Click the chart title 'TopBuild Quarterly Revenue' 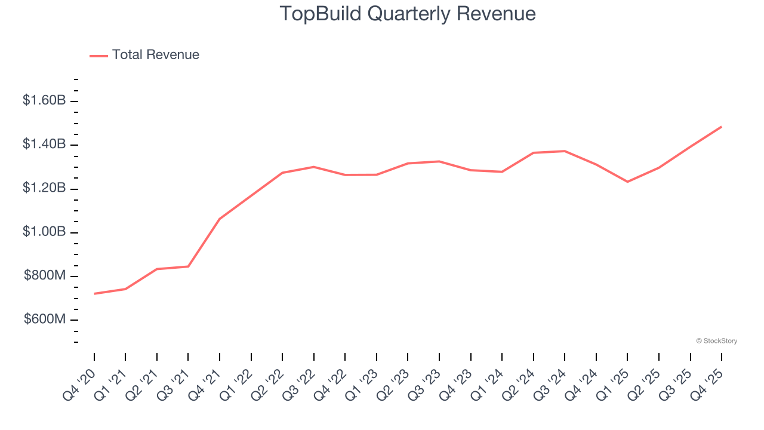408,14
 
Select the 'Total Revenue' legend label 155,55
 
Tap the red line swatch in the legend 98,56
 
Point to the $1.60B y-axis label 44,100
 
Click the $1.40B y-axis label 44,144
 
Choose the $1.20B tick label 44,188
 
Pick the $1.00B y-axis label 44,232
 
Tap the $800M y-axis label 45,276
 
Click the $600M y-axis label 45,320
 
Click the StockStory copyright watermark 716,341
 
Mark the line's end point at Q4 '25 722,127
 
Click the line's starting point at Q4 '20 94,294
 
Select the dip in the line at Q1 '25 627,182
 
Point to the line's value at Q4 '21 220,219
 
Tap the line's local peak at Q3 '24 565,151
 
